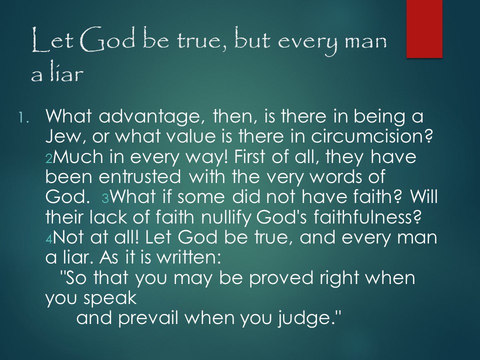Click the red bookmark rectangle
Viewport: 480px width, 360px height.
tap(424, 29)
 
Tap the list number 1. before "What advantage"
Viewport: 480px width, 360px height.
tap(23, 117)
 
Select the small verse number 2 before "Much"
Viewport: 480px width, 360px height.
tap(49, 158)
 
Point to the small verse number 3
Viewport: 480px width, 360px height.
tap(105, 199)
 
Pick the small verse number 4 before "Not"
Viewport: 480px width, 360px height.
tap(49, 239)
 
